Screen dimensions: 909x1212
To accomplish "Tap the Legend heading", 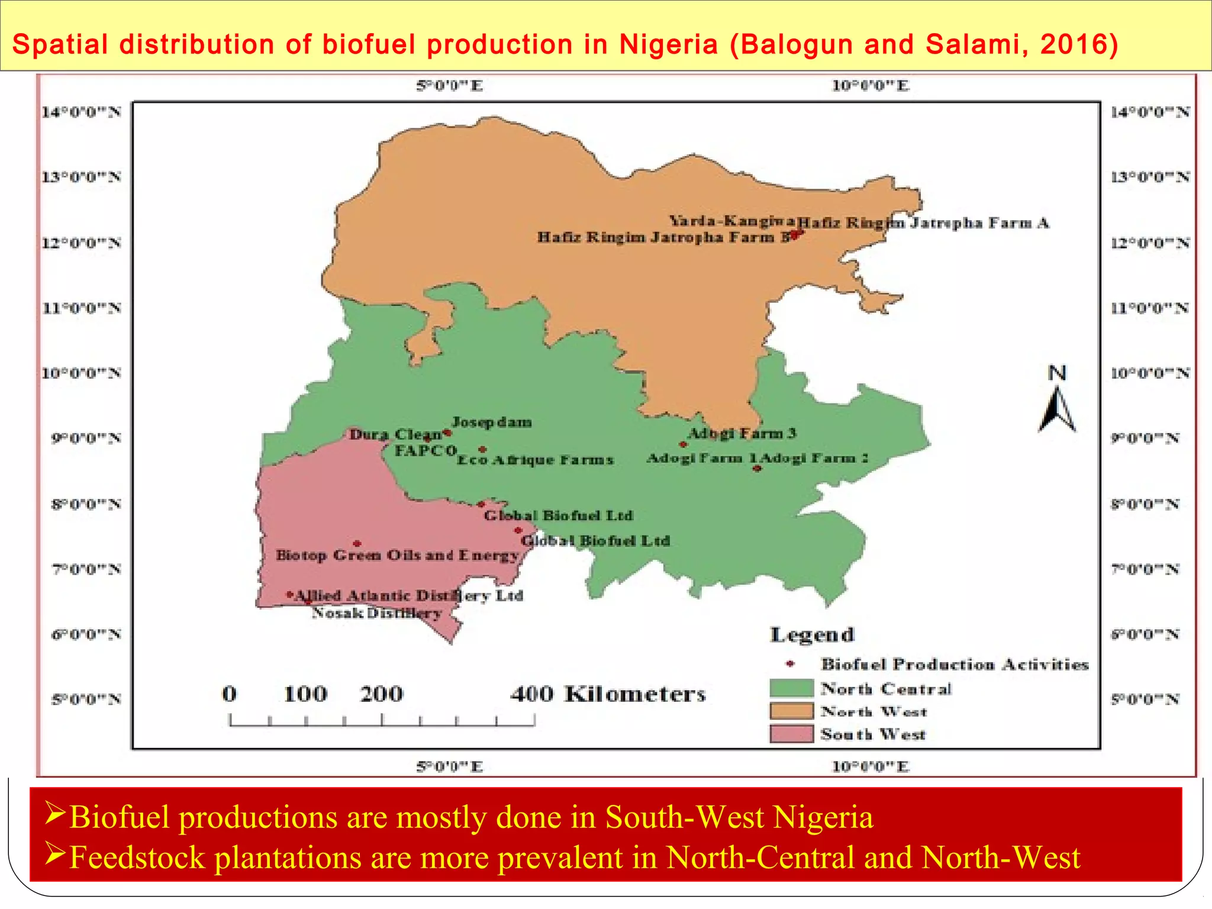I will (x=813, y=635).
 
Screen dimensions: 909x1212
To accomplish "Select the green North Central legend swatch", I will (x=792, y=688).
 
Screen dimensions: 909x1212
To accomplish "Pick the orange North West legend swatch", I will (x=792, y=711).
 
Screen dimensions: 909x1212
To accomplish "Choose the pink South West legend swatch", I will (x=792, y=733).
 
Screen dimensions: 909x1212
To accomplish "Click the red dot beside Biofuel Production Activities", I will (x=790, y=664).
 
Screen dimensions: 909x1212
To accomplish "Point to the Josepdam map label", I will (x=492, y=422).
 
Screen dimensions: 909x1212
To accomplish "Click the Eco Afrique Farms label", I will (x=536, y=460).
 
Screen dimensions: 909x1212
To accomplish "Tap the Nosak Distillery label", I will (x=377, y=613).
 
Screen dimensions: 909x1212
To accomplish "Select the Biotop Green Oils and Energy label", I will (x=397, y=555).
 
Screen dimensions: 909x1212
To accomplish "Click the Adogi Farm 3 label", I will (x=743, y=433).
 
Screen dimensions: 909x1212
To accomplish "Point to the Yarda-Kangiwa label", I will (x=731, y=221).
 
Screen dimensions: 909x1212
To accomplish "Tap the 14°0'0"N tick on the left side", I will (x=82, y=112).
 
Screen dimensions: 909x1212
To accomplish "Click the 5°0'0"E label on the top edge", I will (x=450, y=86).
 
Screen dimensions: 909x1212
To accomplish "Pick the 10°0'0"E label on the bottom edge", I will (x=871, y=766).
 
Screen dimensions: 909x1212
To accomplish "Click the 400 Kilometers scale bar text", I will (x=608, y=694).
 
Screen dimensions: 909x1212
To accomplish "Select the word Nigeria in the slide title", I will (x=668, y=44).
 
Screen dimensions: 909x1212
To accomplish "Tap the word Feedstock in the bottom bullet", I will (x=137, y=858).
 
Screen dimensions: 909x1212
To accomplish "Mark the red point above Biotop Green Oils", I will (x=357, y=543).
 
